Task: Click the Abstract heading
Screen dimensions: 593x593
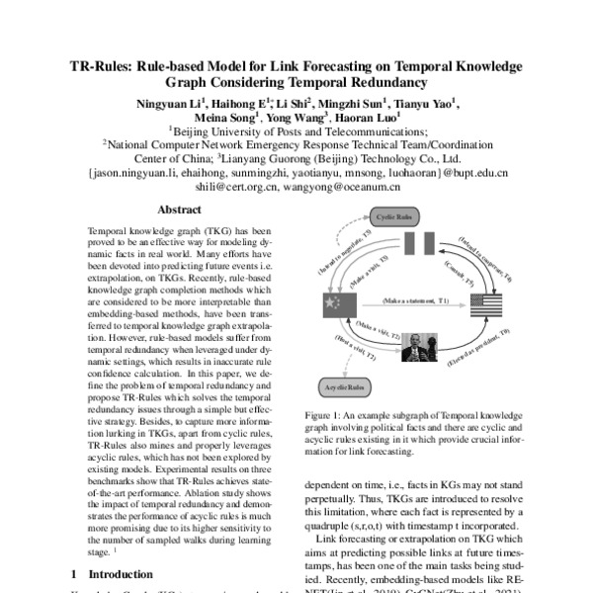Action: point(179,210)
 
